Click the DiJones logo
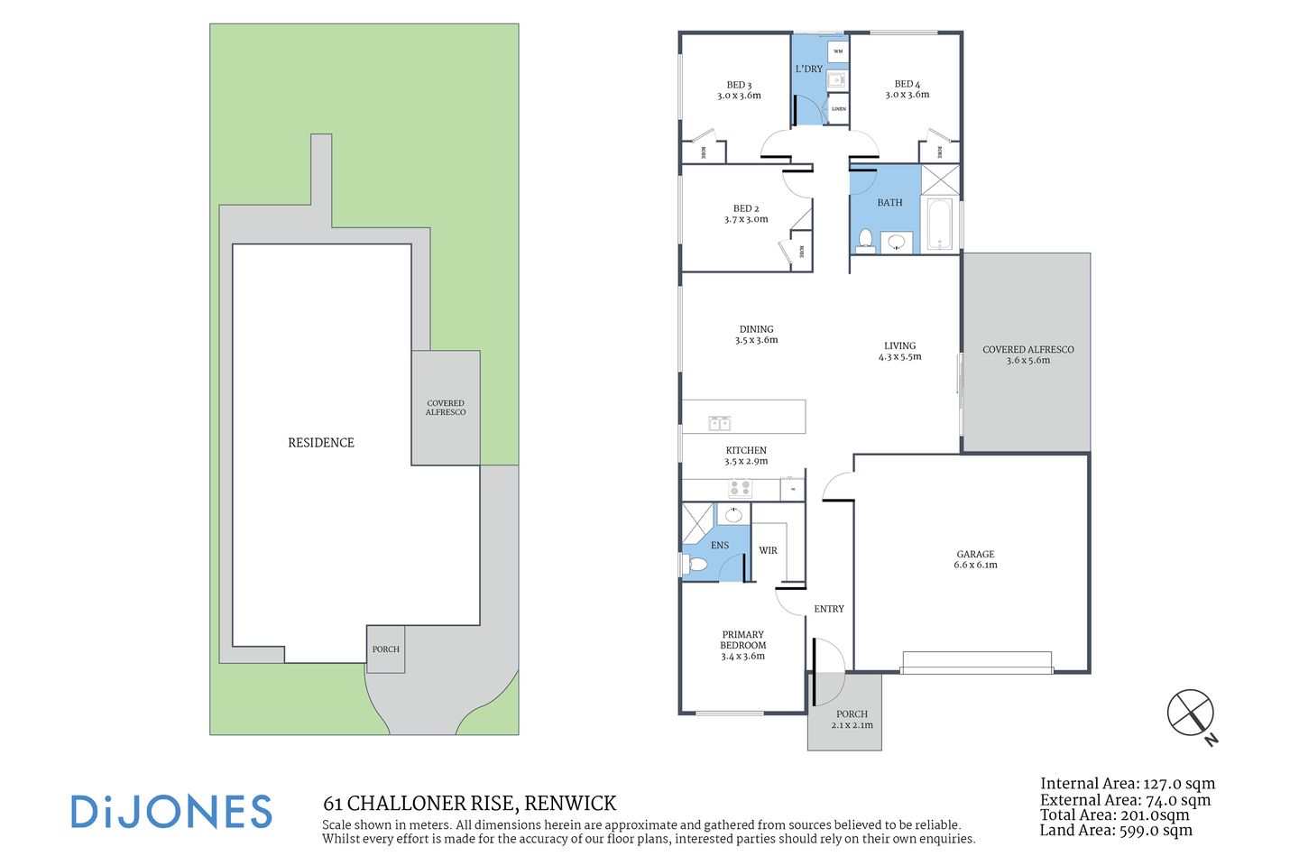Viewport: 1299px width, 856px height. click(x=171, y=812)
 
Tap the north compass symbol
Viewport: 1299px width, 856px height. click(x=1192, y=713)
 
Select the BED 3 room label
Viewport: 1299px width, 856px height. click(x=739, y=90)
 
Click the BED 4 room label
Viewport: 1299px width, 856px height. click(x=907, y=89)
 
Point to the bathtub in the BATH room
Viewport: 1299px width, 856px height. click(x=939, y=225)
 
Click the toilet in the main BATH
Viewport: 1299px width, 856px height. click(x=865, y=239)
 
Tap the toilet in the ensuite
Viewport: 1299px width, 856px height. click(x=696, y=565)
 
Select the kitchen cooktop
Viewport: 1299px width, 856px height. click(x=740, y=489)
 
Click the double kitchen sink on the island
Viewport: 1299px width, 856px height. click(x=719, y=423)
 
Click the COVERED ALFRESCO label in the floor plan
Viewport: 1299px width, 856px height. click(x=1027, y=354)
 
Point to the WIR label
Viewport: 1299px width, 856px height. click(x=768, y=550)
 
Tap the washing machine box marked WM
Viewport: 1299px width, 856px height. click(x=837, y=51)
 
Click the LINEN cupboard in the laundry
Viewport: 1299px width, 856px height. click(x=838, y=109)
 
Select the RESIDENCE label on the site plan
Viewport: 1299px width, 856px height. click(x=321, y=443)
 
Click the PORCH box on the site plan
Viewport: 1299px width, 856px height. click(x=385, y=649)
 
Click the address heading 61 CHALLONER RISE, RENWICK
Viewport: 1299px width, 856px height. click(x=469, y=803)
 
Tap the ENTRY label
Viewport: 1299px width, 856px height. click(x=828, y=609)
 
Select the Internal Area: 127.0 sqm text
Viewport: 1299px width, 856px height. click(x=1127, y=784)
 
